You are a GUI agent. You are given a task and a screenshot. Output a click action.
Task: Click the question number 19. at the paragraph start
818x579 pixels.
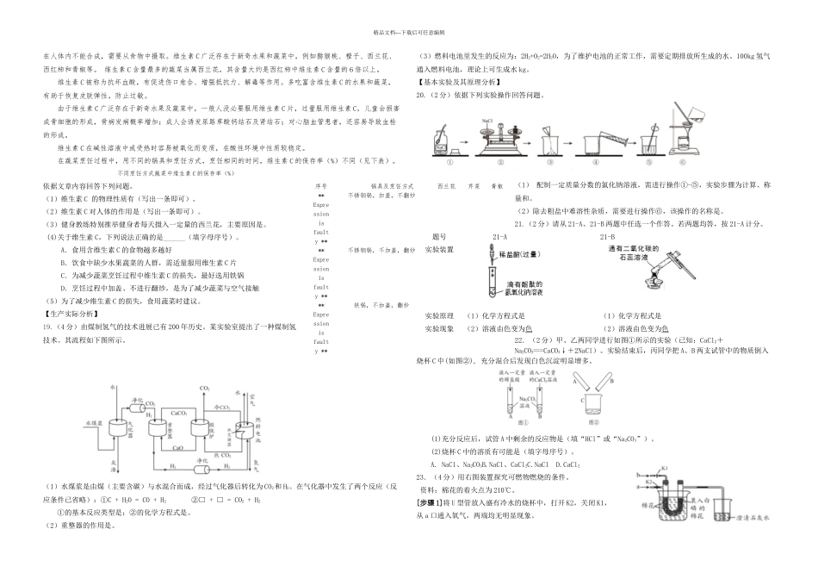pos(47,327)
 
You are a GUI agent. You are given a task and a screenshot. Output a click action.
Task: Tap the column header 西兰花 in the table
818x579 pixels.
pos(445,185)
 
